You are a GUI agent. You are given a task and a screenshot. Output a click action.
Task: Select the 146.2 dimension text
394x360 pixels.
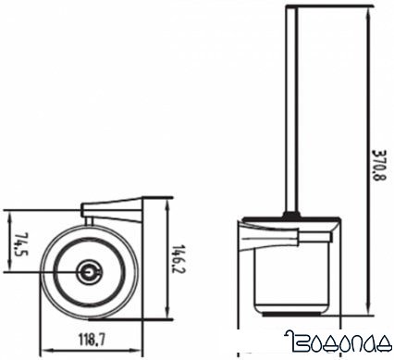(176, 259)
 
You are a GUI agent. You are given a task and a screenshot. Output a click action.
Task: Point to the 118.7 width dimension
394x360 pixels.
(92, 340)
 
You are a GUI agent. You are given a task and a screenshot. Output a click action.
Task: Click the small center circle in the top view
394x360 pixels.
(89, 272)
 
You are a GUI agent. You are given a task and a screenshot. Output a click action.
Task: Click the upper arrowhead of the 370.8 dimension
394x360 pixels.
(368, 12)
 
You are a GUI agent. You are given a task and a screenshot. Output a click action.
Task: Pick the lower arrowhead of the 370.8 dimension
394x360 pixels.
(368, 309)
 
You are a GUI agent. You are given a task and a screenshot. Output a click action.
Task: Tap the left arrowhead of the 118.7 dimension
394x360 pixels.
(46, 351)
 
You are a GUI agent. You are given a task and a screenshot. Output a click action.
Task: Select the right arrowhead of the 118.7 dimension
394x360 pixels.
(137, 351)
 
